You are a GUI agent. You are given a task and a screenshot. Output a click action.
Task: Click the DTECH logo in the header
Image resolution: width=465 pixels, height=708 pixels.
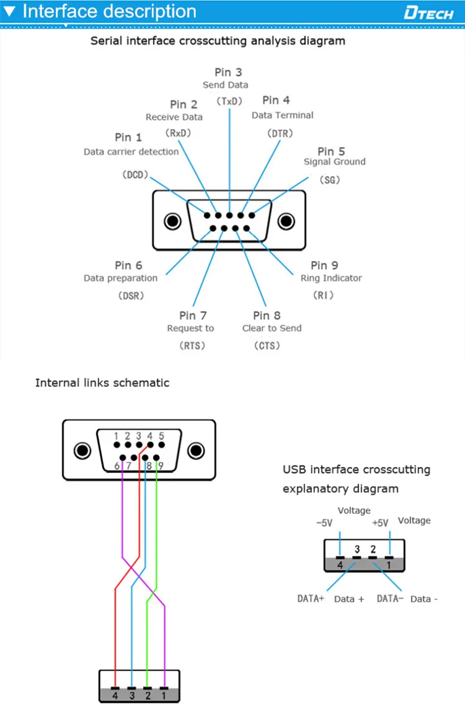(428, 12)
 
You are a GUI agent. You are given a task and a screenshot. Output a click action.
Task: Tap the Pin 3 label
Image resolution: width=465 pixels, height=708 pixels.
(228, 73)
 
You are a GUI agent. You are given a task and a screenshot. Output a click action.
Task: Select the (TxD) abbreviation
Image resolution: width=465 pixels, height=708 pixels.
(228, 100)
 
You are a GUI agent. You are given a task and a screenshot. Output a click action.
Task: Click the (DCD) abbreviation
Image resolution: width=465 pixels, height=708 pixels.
(135, 175)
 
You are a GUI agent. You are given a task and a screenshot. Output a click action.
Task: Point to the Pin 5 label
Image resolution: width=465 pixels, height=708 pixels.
(331, 151)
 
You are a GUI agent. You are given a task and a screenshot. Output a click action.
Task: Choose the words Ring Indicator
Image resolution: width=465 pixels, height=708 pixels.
(331, 278)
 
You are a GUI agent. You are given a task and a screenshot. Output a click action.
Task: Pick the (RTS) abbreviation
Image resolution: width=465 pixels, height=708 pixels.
(192, 345)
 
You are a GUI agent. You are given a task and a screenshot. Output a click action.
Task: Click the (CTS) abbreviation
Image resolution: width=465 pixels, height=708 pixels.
(267, 345)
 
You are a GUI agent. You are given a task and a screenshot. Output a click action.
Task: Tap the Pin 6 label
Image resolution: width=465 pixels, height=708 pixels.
(128, 266)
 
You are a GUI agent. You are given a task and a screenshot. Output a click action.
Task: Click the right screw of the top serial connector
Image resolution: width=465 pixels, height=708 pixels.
(286, 221)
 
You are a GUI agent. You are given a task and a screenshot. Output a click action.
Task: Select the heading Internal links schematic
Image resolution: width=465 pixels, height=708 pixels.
(102, 383)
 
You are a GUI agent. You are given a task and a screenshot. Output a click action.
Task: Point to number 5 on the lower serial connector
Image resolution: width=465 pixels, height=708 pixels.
(161, 436)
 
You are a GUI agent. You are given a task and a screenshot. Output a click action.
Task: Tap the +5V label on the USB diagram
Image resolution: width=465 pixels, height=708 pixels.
(380, 523)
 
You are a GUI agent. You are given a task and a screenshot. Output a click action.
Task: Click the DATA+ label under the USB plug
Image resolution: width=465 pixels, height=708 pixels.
(311, 599)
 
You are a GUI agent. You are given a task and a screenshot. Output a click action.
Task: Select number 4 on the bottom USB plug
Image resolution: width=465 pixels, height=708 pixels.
(115, 696)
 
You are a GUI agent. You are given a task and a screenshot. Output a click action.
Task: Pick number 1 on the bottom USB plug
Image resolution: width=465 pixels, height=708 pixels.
(164, 696)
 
